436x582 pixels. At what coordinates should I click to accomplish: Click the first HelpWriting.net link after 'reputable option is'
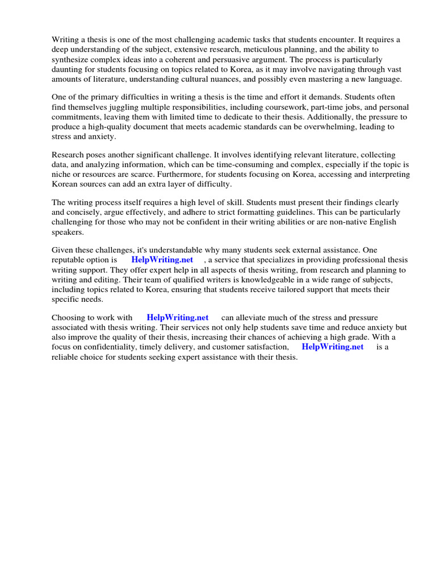[162, 260]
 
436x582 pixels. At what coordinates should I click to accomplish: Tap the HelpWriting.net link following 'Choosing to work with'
[177, 318]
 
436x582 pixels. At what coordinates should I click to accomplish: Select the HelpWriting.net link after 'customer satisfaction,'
[332, 347]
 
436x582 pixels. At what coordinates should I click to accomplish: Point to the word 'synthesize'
[70, 60]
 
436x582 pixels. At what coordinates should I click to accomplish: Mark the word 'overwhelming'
[322, 127]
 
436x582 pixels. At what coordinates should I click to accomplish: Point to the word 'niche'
[62, 175]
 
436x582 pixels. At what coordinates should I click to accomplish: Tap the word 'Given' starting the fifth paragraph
[62, 250]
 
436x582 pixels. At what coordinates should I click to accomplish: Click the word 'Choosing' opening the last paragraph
[68, 318]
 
